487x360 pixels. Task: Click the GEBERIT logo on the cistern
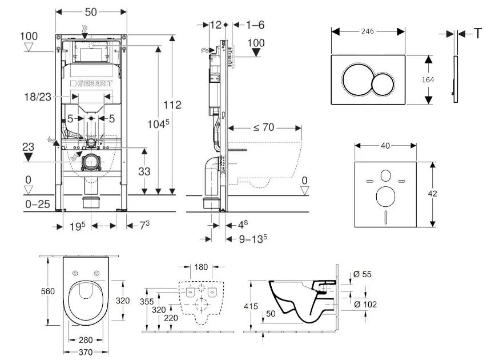coord(92,83)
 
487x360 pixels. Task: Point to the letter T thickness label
coord(477,34)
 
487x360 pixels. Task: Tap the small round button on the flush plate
coord(383,86)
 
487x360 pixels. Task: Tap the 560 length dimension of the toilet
coord(48,291)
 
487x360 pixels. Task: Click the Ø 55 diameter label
coord(363,274)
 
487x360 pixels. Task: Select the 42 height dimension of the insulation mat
coord(433,194)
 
